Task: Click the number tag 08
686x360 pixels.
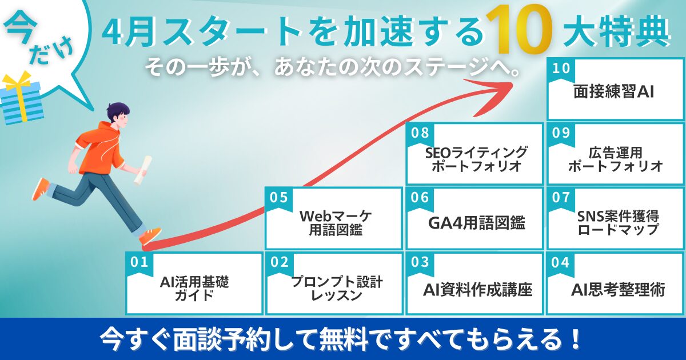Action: tap(420, 134)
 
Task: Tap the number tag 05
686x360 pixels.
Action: tap(278, 198)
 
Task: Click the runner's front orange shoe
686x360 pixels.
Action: tap(151, 235)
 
